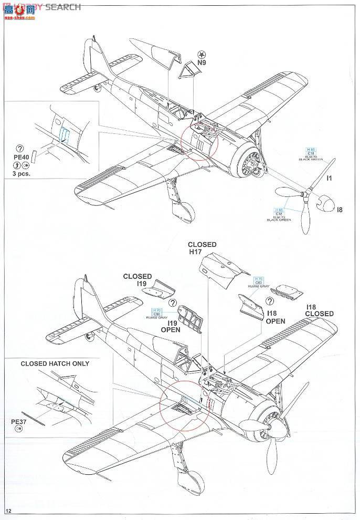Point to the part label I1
coord(329,178)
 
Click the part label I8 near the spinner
coord(340,210)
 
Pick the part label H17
coord(195,252)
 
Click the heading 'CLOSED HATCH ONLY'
coord(55,363)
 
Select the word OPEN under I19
coord(171,330)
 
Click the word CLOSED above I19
coord(137,276)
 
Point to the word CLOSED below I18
coord(319,314)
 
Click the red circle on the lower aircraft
coord(181,407)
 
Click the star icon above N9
coord(202,54)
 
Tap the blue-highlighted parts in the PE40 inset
coord(64,136)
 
